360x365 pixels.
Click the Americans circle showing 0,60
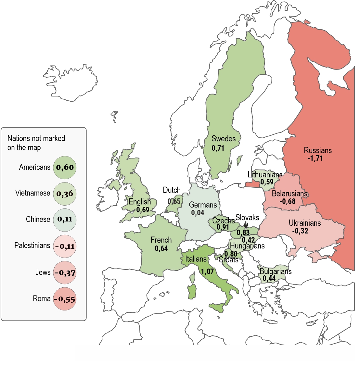pos(65,167)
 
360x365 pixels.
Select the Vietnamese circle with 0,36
pos(65,194)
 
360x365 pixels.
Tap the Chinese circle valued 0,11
pos(65,219)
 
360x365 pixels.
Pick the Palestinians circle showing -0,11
pos(65,246)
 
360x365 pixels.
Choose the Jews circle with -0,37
pos(65,272)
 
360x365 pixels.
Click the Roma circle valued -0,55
pos(65,299)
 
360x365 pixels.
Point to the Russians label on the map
pos(318,150)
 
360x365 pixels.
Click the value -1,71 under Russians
pos(315,158)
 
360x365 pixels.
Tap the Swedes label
pos(224,139)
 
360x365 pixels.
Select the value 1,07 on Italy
pos(207,271)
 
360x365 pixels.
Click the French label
pos(161,240)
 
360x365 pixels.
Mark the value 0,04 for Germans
pos(198,213)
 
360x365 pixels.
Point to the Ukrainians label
pos(305,223)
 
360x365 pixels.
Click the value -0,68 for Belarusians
pos(288,201)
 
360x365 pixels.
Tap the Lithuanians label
pos(265,175)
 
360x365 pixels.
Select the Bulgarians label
pos(276,271)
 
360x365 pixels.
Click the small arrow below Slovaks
pos(246,225)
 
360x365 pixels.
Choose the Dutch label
pos(172,190)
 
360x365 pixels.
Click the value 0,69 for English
pos(143,210)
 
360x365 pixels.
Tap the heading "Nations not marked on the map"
pos(36,143)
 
